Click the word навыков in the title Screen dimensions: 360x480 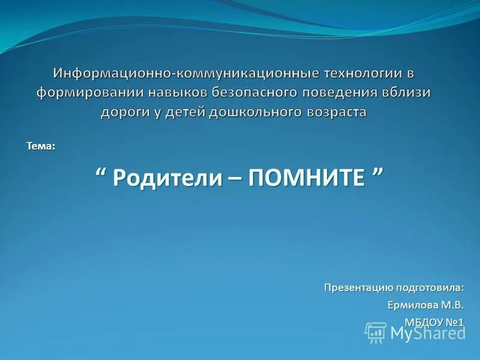175,92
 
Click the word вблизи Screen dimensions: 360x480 407,92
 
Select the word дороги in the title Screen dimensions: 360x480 122,112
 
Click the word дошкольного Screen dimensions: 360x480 254,112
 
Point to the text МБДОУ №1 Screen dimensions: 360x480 434,323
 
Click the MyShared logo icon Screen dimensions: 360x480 376,332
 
